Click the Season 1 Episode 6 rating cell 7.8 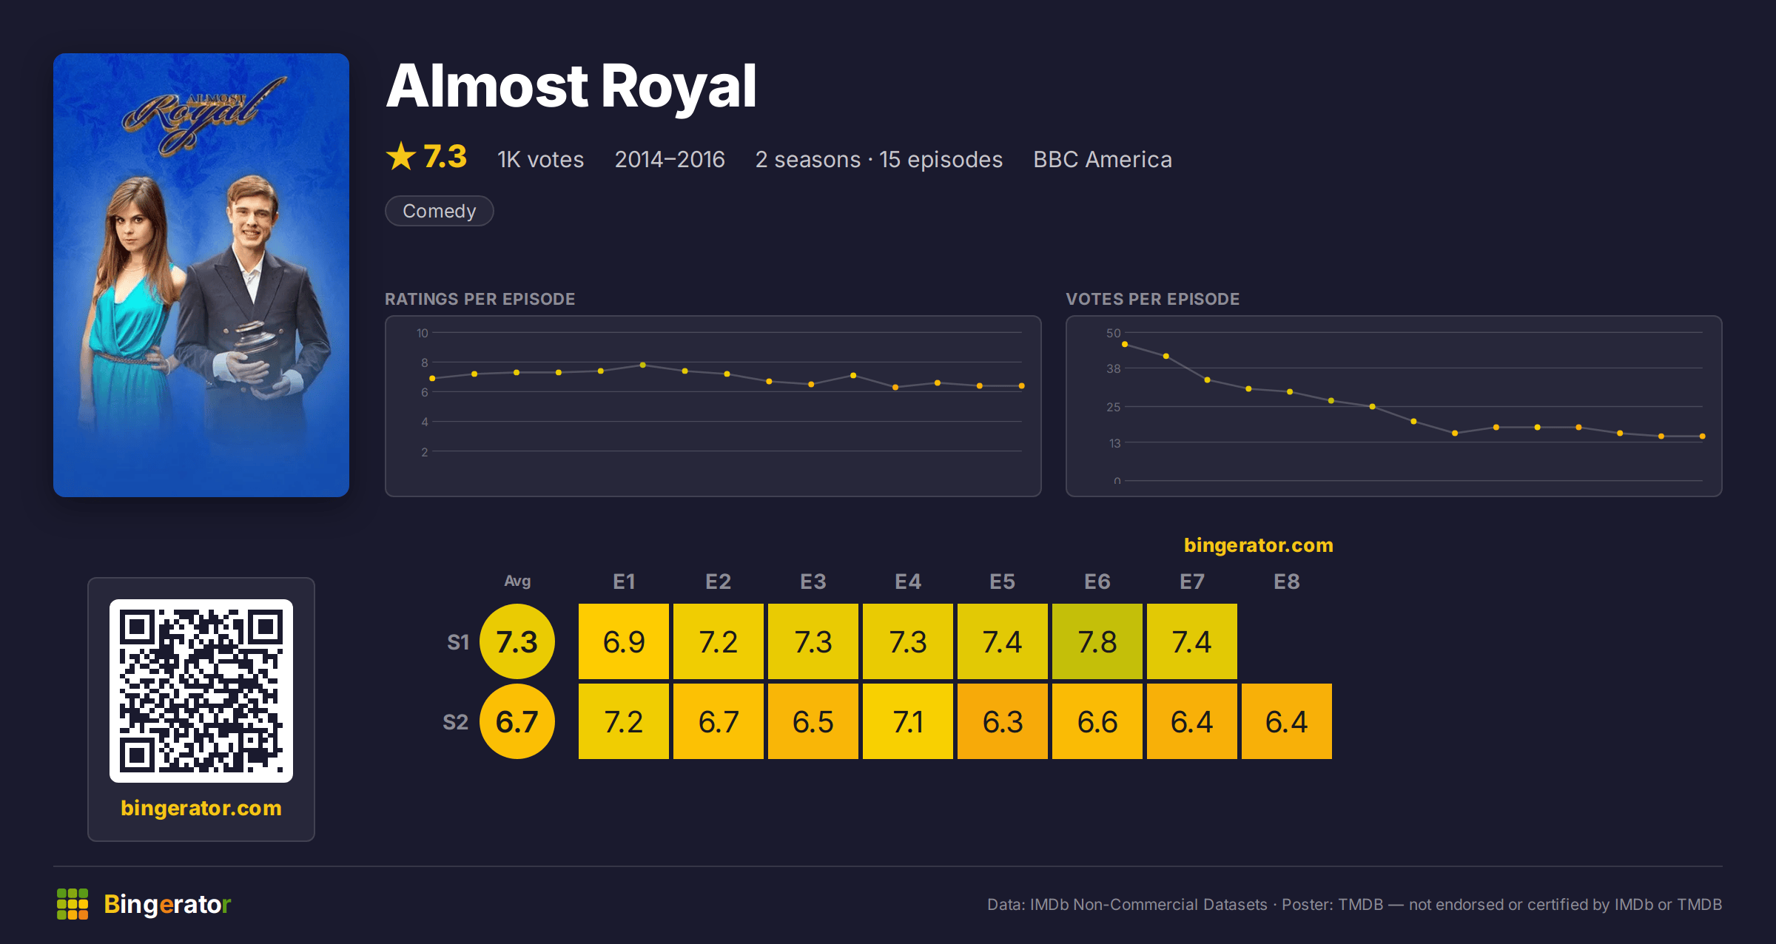pyautogui.click(x=1097, y=641)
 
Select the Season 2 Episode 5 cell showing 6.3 pyautogui.click(x=1003, y=721)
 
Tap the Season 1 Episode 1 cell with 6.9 pyautogui.click(x=624, y=641)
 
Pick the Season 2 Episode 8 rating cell pyautogui.click(x=1287, y=721)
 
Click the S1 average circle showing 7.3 pyautogui.click(x=517, y=641)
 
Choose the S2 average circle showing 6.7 pyautogui.click(x=517, y=721)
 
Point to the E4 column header pyautogui.click(x=908, y=581)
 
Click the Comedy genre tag pyautogui.click(x=440, y=211)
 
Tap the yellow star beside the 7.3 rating pyautogui.click(x=401, y=156)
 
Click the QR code pyautogui.click(x=201, y=691)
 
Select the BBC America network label pyautogui.click(x=1103, y=160)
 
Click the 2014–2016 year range pyautogui.click(x=670, y=160)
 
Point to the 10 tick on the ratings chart pyautogui.click(x=422, y=333)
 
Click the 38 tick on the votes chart pyautogui.click(x=1114, y=368)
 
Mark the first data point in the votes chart pyautogui.click(x=1125, y=344)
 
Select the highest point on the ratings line pyautogui.click(x=643, y=365)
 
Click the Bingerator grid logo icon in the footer pyautogui.click(x=73, y=904)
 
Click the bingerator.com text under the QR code pyautogui.click(x=201, y=808)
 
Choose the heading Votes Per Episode pyautogui.click(x=1152, y=299)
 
